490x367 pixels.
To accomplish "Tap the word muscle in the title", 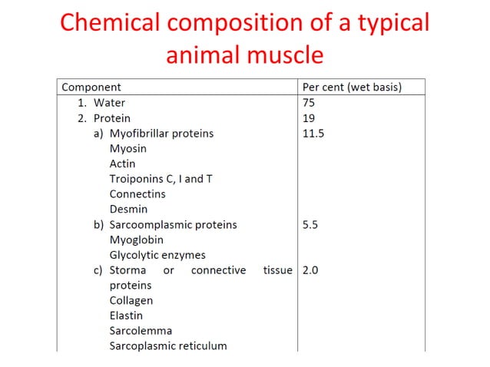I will pos(285,55).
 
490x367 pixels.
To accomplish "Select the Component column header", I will pos(91,88).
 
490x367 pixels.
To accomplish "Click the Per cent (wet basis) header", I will pos(353,88).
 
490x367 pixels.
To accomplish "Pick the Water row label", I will pos(109,103).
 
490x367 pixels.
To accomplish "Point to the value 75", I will pos(310,103).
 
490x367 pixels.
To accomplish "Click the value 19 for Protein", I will pos(310,118).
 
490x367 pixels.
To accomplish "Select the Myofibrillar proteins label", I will pos(161,134).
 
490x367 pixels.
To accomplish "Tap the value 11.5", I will pos(313,134).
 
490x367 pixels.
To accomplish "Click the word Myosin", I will pos(127,148).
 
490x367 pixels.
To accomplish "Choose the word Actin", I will pos(122,164).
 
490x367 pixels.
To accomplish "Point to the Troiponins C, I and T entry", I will pos(161,179).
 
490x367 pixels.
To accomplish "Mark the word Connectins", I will pos(137,194).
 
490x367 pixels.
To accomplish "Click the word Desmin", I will pos(128,209).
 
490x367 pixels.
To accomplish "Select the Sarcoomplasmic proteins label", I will pos(173,225).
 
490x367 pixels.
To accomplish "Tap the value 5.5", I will pos(310,225).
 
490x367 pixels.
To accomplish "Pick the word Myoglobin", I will pos(137,240).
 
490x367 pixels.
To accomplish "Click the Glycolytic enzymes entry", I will pos(157,255).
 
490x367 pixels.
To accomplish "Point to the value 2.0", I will pos(310,270).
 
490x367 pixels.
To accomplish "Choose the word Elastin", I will pos(126,316).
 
